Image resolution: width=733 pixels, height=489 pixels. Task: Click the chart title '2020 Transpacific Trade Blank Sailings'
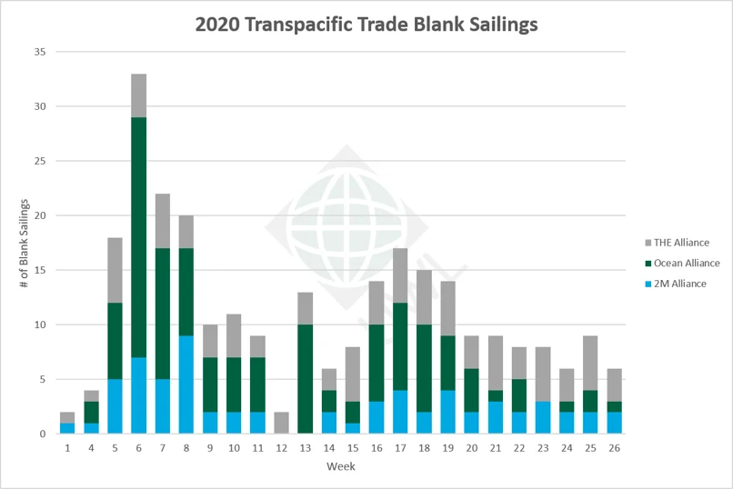(x=366, y=25)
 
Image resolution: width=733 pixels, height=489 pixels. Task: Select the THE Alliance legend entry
(x=674, y=243)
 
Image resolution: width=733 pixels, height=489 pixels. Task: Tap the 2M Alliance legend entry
(x=674, y=284)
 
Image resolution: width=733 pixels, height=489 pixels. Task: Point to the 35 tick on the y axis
(x=39, y=52)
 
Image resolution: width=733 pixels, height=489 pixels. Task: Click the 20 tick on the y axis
(x=39, y=215)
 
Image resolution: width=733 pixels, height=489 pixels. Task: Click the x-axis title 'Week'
(x=341, y=466)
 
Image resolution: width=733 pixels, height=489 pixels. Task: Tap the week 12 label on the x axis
(x=281, y=448)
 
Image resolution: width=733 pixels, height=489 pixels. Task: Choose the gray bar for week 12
(x=281, y=423)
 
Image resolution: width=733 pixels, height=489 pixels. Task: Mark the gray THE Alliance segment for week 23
(x=542, y=374)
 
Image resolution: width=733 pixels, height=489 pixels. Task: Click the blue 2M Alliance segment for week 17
(x=399, y=412)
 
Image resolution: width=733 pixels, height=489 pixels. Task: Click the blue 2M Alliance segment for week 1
(x=67, y=428)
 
